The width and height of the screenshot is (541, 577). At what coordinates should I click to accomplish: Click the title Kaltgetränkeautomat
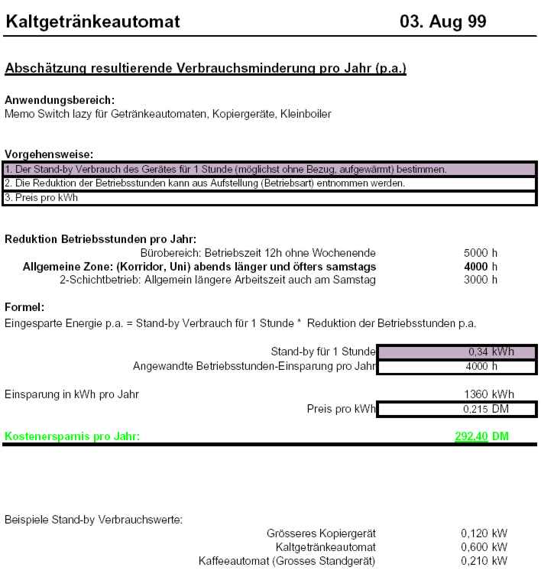tap(92, 21)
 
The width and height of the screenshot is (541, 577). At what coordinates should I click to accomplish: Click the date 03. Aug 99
tap(442, 21)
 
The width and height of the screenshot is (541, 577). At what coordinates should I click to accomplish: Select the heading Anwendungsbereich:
tap(60, 100)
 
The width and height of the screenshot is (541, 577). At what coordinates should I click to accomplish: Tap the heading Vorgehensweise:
tap(49, 154)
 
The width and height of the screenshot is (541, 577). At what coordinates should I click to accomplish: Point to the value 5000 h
tap(480, 252)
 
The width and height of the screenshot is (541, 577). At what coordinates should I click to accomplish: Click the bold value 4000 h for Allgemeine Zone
tap(480, 266)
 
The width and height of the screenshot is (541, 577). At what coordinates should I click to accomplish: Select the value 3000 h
tap(480, 280)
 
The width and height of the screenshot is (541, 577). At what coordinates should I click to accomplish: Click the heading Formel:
tap(24, 307)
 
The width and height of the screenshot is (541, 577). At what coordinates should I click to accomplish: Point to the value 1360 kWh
tap(488, 394)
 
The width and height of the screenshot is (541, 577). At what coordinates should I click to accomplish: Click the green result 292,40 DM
tap(481, 436)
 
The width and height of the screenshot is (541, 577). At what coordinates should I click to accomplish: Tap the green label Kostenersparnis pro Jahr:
tap(73, 436)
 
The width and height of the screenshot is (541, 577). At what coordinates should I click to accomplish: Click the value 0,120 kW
tap(484, 533)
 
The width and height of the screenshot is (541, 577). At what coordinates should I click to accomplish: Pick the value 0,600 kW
tap(484, 547)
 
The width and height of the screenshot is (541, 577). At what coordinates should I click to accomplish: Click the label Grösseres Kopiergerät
tap(321, 533)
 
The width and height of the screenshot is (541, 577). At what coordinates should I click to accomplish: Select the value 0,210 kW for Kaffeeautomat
tap(484, 561)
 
